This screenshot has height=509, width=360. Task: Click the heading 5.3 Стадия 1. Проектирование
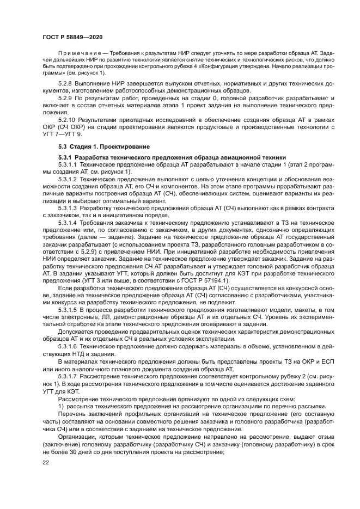pyautogui.click(x=103, y=146)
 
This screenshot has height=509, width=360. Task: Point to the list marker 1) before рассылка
pyautogui.click(x=61, y=406)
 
